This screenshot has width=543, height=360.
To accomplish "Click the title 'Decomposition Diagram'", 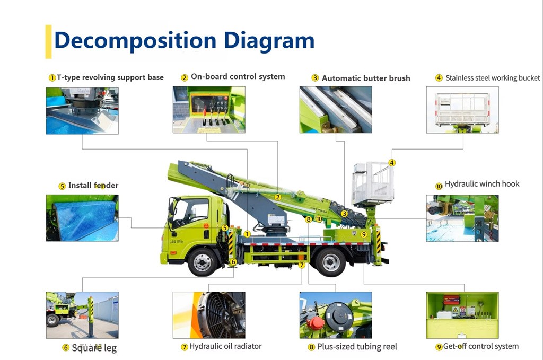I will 184,41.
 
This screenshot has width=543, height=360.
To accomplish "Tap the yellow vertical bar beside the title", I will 48,41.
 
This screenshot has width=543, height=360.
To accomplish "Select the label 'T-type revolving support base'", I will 110,77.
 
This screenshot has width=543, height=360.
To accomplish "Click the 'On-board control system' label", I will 238,77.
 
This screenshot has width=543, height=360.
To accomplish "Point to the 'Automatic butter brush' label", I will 365,78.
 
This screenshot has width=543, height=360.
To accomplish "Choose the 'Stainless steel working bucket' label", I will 492,78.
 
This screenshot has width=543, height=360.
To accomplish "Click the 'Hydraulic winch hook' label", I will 481,184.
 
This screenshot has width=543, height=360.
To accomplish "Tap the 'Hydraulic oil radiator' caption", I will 225,346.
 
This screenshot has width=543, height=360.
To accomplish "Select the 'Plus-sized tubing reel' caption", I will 356,347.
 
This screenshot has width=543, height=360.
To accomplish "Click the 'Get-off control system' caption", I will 480,346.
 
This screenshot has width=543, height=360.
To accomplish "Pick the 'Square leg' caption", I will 94,348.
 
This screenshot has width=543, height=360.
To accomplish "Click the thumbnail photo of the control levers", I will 209,110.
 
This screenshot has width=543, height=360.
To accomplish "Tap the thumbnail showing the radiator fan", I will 209,315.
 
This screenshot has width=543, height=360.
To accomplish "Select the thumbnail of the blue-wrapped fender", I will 82,218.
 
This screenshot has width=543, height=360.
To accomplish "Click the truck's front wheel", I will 202,261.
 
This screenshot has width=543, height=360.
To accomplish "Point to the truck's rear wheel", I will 331,261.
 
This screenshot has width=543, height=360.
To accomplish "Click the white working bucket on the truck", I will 372,183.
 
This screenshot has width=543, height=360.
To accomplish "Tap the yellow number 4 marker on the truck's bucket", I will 392,163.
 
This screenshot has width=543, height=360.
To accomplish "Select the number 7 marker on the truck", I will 302,265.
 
